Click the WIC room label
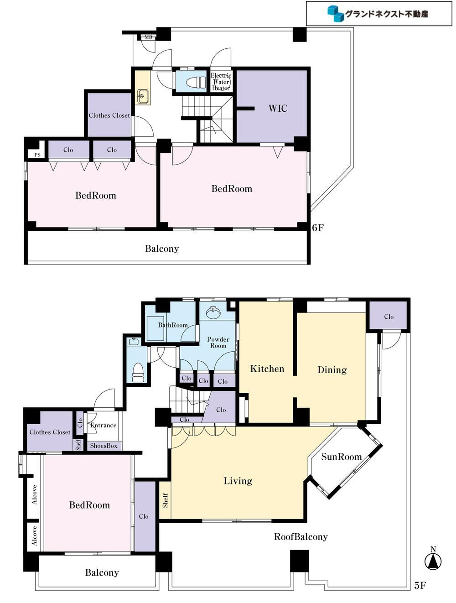278,108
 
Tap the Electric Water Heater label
221,82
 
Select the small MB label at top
148,37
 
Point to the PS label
37,155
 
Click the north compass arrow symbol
433,560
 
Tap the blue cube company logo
335,14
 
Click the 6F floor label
318,228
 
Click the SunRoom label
341,457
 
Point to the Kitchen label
267,369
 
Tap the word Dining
332,370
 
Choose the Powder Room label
218,342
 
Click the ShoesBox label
104,446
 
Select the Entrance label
104,425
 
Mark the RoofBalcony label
301,536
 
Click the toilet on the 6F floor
196,82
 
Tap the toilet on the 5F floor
138,373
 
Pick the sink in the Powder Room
214,312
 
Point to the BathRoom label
173,325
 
